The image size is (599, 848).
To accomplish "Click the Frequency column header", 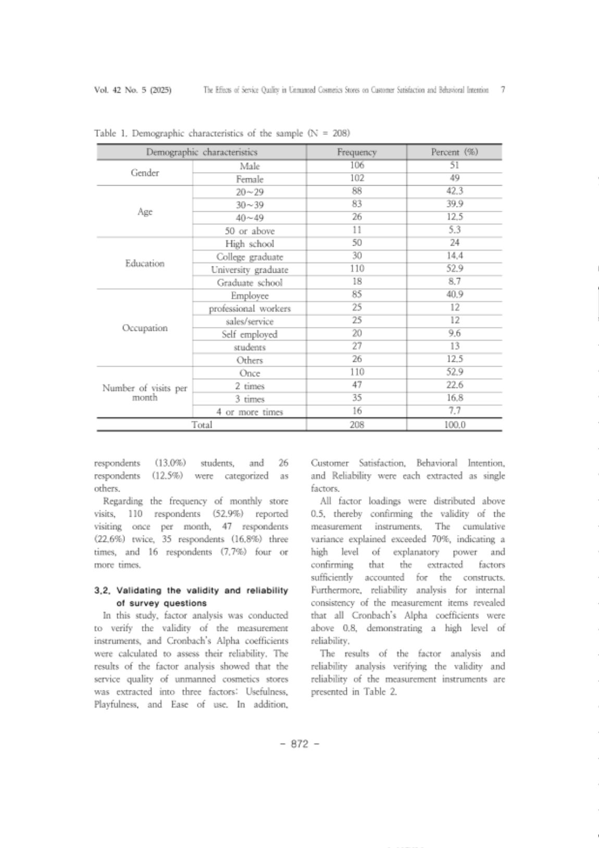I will pyautogui.click(x=357, y=152).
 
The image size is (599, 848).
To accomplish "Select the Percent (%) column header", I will pyautogui.click(x=454, y=152).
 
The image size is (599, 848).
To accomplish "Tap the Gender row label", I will pyautogui.click(x=145, y=173).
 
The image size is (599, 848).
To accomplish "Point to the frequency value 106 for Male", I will pyautogui.click(x=357, y=165).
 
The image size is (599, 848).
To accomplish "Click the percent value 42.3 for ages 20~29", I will pyautogui.click(x=454, y=191).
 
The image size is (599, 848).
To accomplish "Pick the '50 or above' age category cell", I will pyautogui.click(x=249, y=231).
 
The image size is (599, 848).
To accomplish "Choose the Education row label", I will pyautogui.click(x=145, y=263).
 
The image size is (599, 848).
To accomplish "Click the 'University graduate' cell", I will pyautogui.click(x=249, y=270).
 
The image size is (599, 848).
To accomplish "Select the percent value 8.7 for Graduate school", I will pyautogui.click(x=454, y=282).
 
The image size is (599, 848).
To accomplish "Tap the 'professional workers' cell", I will pyautogui.click(x=249, y=309).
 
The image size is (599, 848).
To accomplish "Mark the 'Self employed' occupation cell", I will pyautogui.click(x=249, y=334).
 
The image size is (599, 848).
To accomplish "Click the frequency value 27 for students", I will pyautogui.click(x=357, y=346).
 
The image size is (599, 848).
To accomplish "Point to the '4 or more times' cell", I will pyautogui.click(x=249, y=412).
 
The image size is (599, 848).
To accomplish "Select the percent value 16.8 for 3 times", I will pyautogui.click(x=454, y=398).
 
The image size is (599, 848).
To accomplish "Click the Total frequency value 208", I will pyautogui.click(x=357, y=425).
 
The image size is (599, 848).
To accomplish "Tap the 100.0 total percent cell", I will pyautogui.click(x=454, y=425).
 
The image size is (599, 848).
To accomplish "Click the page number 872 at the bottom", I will pyautogui.click(x=299, y=744).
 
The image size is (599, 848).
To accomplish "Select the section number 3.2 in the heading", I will pyautogui.click(x=103, y=590).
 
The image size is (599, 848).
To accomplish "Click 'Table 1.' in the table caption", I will pyautogui.click(x=111, y=134).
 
